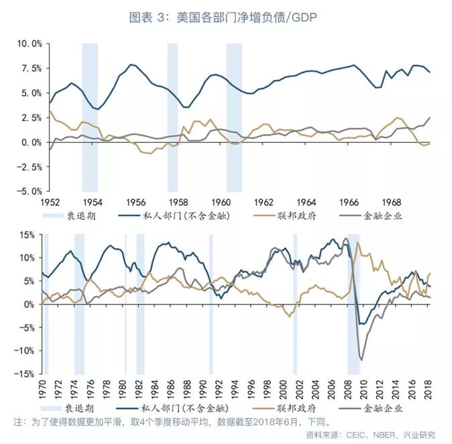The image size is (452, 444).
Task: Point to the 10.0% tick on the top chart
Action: (29, 44)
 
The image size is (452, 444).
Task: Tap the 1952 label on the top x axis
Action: (49, 202)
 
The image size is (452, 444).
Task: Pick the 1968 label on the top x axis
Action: (391, 202)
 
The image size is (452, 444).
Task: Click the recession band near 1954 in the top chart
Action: (90, 117)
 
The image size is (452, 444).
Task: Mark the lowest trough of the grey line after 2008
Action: (363, 360)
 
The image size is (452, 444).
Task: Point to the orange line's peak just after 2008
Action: (359, 243)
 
